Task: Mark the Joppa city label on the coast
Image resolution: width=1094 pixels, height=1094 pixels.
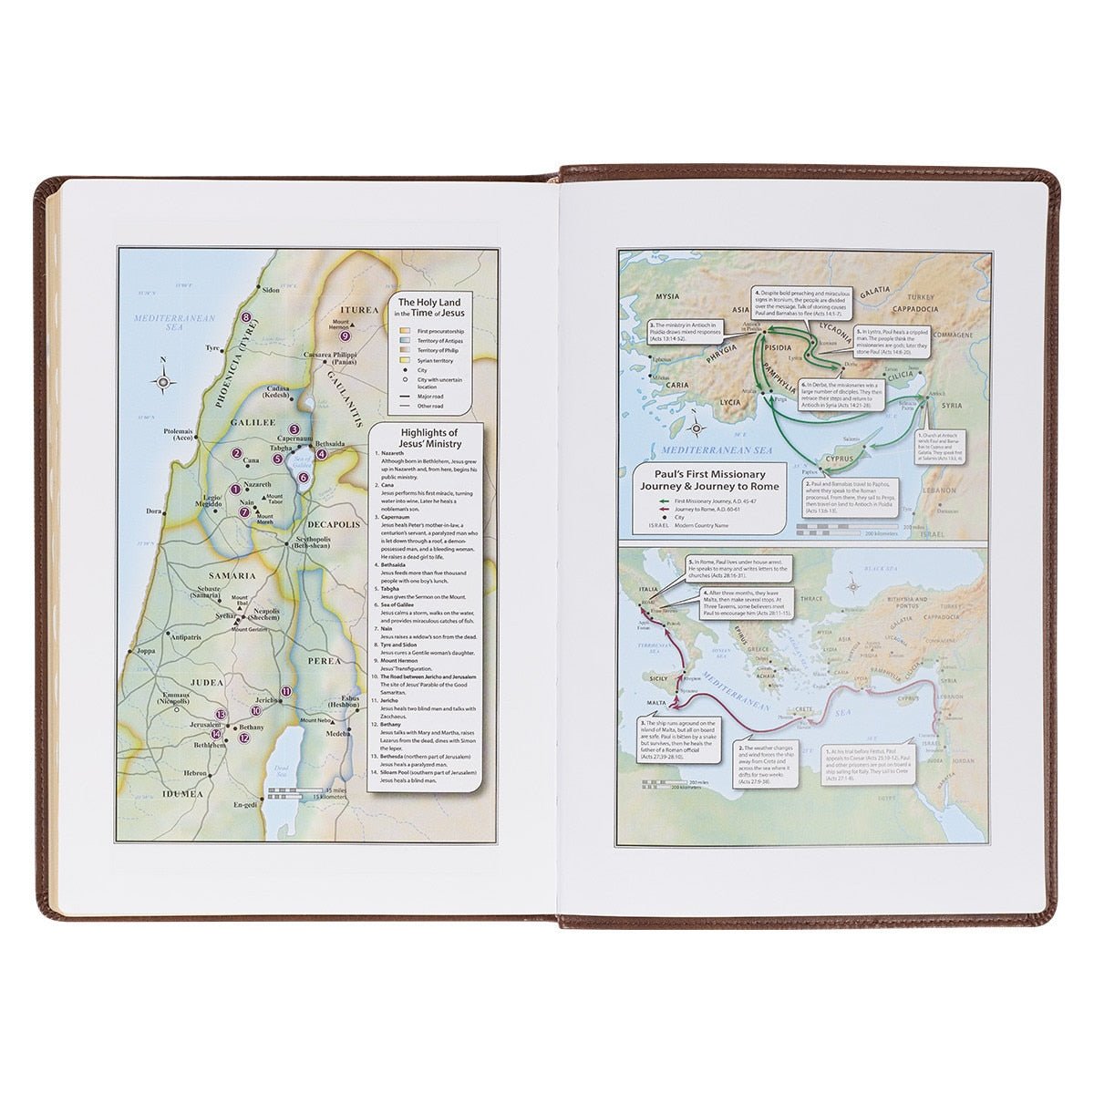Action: click(x=144, y=652)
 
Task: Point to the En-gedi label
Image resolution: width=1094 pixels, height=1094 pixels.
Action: click(x=246, y=806)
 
